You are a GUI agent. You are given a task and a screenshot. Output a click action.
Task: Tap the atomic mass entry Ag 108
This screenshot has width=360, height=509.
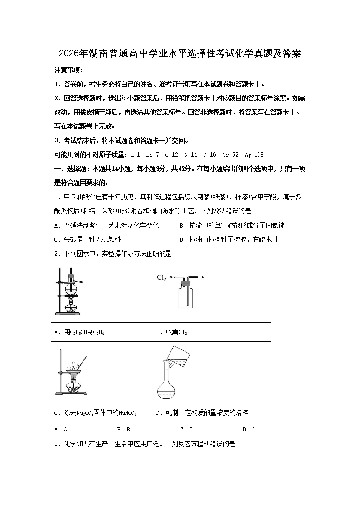coord(254,155)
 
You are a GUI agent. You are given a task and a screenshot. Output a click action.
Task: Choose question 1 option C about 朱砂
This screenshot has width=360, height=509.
coord(88,240)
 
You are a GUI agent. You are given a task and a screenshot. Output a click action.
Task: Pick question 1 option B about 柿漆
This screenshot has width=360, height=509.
coord(232,225)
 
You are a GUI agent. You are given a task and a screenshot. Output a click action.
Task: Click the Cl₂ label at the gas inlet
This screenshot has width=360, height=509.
coord(161,277)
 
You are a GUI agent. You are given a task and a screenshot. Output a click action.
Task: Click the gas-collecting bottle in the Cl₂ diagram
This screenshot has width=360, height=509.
coord(185,296)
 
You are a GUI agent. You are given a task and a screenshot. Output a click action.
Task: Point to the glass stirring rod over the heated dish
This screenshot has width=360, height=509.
coord(82,363)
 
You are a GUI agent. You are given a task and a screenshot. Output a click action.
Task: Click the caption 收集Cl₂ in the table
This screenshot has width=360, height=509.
coord(171,332)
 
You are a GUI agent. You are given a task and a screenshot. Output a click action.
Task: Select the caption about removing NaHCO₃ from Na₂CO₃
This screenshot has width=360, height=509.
coord(95,413)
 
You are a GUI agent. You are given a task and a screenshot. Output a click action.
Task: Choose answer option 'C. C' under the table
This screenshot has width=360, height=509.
coord(186,430)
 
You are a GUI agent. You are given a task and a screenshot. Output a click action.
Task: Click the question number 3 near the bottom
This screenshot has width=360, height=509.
coord(56,444)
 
